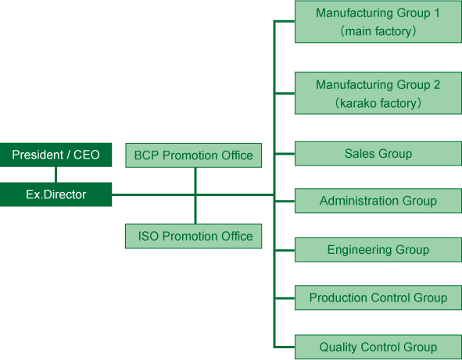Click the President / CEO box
[x=56, y=155]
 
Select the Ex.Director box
[x=56, y=194]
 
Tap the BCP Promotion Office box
[x=194, y=155]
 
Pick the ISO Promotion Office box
[x=194, y=236]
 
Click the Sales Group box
[x=378, y=154]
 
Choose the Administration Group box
[x=378, y=201]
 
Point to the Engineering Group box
[x=378, y=250]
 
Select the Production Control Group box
[x=378, y=298]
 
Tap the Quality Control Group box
[x=378, y=347]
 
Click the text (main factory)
[x=378, y=31]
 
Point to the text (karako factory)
[x=378, y=103]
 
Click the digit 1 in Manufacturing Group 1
[x=437, y=13]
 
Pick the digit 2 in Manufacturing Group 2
[x=437, y=85]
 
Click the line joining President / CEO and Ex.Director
[x=56, y=175]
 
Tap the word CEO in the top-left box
[x=86, y=155]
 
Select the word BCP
[x=146, y=155]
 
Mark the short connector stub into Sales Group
[x=285, y=154]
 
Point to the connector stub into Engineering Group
[x=285, y=250]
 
